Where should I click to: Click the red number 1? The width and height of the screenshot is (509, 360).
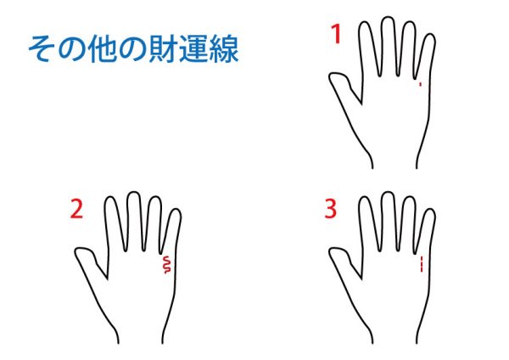336,34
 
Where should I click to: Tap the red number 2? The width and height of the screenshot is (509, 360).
76,209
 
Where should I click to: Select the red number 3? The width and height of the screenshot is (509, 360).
331,209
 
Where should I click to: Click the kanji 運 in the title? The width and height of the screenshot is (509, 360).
193,49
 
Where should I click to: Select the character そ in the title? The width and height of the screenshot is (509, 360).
42,49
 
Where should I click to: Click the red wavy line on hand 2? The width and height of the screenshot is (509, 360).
167,264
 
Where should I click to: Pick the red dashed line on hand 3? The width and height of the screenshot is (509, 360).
422,264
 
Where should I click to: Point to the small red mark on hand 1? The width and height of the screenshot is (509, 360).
421,84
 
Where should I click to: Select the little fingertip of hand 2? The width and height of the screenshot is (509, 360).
176,210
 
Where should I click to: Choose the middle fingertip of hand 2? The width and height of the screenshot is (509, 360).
134,193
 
